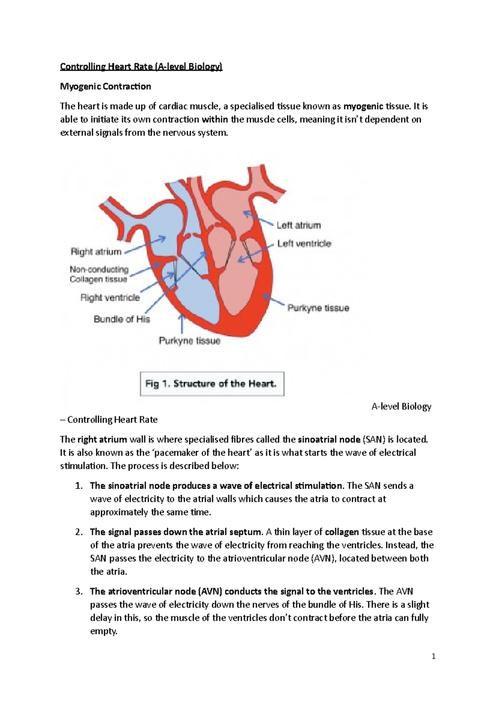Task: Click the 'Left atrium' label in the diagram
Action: pyautogui.click(x=298, y=225)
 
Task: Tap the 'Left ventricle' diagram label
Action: pyautogui.click(x=304, y=244)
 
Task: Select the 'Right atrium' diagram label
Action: pyautogui.click(x=96, y=252)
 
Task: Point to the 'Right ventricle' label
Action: pyautogui.click(x=110, y=298)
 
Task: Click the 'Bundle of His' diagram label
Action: pyautogui.click(x=122, y=319)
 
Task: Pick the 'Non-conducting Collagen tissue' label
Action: pyautogui.click(x=99, y=275)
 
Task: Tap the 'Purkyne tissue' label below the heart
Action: pyautogui.click(x=190, y=341)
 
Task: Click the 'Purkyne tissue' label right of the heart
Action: pyautogui.click(x=318, y=308)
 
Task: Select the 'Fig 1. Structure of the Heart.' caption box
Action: pyautogui.click(x=212, y=384)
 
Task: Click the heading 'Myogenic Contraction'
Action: pyautogui.click(x=105, y=86)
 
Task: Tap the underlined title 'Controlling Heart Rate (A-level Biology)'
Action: pyautogui.click(x=141, y=67)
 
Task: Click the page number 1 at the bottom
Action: pyautogui.click(x=434, y=656)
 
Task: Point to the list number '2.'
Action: pyautogui.click(x=79, y=532)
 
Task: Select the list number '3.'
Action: pyautogui.click(x=79, y=592)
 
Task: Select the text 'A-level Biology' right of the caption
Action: pyautogui.click(x=401, y=407)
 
